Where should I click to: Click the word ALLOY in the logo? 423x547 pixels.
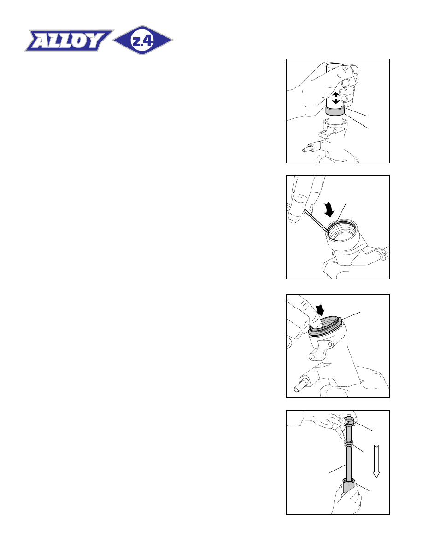click(x=69, y=41)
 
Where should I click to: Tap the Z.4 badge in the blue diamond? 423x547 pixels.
click(x=142, y=41)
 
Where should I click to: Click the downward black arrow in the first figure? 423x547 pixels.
click(x=335, y=101)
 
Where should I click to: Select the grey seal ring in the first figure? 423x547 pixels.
click(x=335, y=111)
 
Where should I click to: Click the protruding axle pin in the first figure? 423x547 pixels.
click(x=307, y=150)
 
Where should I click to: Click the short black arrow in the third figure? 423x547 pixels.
click(x=320, y=309)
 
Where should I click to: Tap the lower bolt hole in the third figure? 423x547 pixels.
click(x=313, y=357)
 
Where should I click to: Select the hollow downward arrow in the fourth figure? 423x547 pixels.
click(x=376, y=461)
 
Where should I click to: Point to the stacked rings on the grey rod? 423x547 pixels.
click(x=348, y=444)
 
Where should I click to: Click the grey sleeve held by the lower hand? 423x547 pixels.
click(x=348, y=486)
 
